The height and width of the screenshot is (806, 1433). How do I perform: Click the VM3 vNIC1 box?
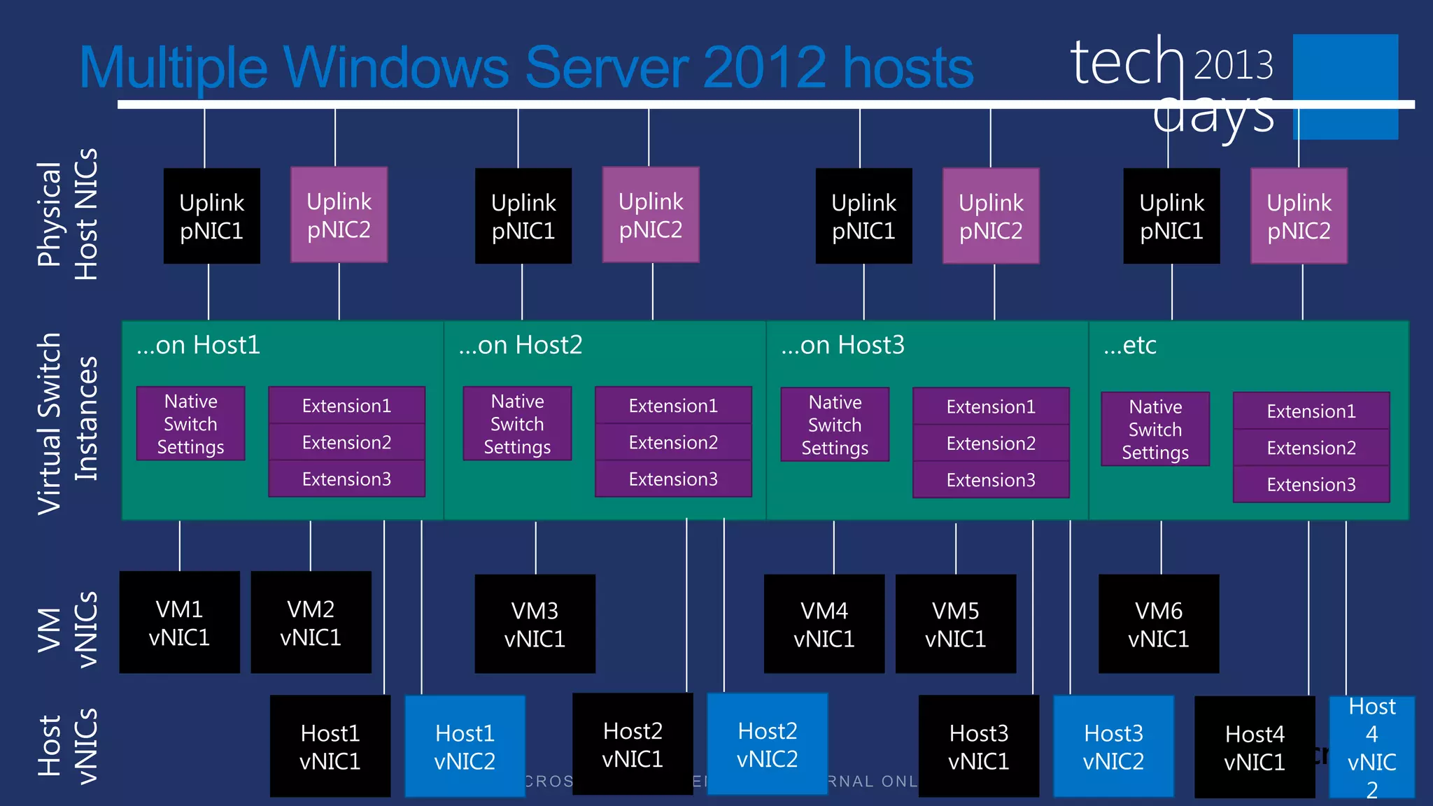(535, 624)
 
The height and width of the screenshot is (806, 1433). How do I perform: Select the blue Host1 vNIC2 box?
(465, 746)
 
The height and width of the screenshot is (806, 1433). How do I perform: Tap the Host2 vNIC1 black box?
(633, 744)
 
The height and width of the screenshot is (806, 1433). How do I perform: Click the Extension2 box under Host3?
(991, 444)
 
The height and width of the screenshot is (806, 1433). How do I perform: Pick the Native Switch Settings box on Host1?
(190, 424)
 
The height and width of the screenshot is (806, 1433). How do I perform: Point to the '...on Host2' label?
(520, 345)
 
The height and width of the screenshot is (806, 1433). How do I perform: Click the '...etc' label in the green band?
(1129, 345)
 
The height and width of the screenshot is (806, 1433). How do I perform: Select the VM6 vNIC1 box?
(1158, 624)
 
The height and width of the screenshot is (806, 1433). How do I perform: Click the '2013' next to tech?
(1233, 65)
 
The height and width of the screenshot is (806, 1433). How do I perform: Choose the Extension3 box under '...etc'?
(1311, 484)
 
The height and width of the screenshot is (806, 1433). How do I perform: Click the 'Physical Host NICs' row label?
(67, 215)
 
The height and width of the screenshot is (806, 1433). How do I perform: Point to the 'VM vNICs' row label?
(67, 629)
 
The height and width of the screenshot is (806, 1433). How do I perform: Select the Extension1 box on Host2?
(673, 406)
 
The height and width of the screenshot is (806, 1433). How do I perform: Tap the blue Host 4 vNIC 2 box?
(1371, 747)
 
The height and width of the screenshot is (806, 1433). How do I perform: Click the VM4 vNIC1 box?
(824, 624)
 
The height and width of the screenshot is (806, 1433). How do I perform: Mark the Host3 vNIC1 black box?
(978, 747)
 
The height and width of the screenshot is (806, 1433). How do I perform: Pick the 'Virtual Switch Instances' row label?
(67, 423)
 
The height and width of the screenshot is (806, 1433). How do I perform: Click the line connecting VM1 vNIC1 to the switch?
(180, 546)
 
